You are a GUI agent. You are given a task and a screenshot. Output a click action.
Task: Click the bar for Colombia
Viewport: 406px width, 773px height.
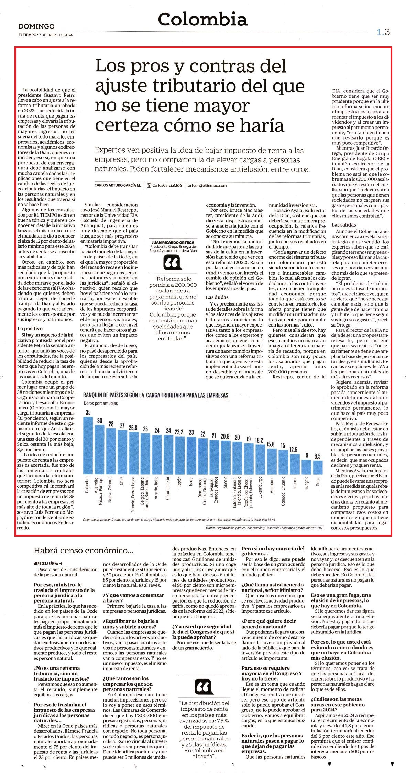(88, 445)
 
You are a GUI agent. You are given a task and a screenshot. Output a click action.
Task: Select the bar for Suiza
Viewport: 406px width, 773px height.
(318, 467)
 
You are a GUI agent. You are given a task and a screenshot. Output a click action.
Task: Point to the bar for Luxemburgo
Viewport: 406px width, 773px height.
(260, 459)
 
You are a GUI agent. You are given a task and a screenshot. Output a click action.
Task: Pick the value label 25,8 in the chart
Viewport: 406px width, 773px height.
(134, 428)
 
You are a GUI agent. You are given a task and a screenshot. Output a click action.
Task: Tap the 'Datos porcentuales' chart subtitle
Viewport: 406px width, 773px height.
(101, 403)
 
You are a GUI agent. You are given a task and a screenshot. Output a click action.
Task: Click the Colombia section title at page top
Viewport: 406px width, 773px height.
(202, 19)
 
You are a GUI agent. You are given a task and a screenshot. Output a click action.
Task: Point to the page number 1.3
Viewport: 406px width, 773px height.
(383, 33)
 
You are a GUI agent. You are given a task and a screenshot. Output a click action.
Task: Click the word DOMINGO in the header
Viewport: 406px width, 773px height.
(36, 26)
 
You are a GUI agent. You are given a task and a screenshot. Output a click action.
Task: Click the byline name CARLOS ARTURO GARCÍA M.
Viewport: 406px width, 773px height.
(118, 185)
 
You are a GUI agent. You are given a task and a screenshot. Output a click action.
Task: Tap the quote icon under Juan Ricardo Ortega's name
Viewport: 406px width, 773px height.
(172, 263)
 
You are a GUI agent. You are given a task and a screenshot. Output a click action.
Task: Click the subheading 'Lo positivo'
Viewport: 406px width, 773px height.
(30, 329)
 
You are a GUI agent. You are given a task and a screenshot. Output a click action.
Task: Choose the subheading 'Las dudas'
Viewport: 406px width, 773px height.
(217, 297)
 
